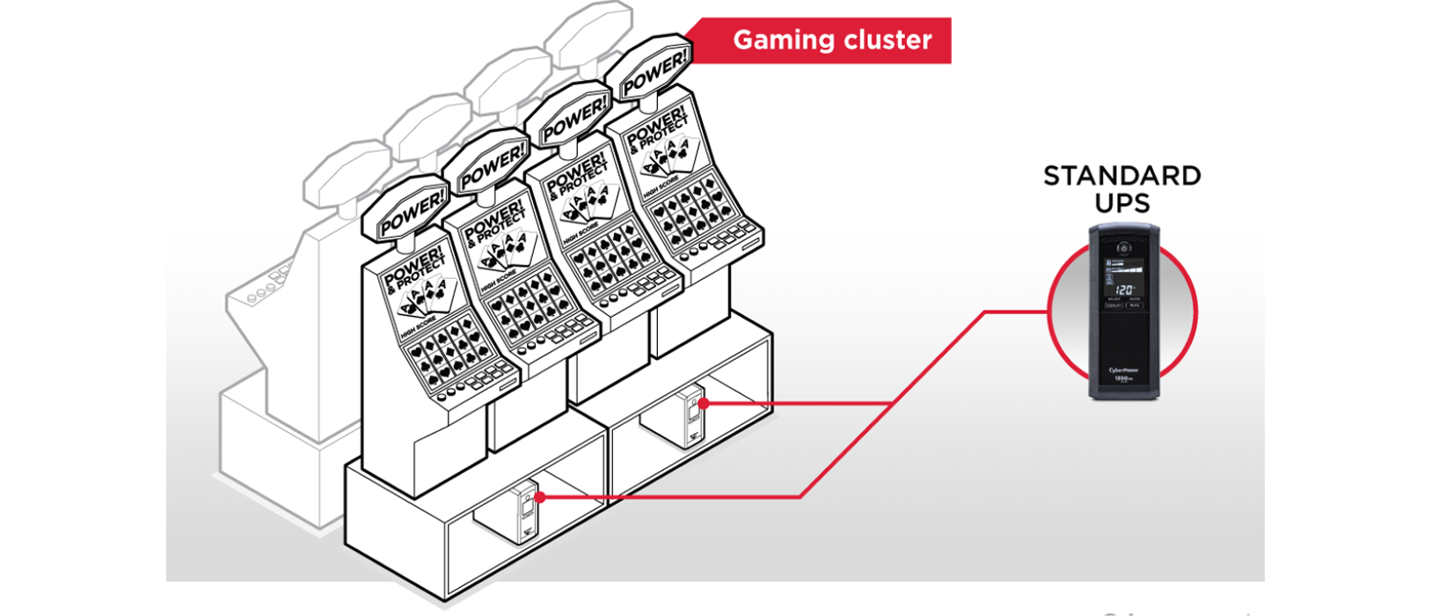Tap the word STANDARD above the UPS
pos(1121,176)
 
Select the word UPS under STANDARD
pos(1122,203)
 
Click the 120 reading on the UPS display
pos(1123,290)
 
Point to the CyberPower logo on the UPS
pos(1123,370)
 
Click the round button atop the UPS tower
pos(1123,248)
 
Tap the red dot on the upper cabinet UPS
pos(704,403)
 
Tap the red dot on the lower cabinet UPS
pos(540,497)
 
